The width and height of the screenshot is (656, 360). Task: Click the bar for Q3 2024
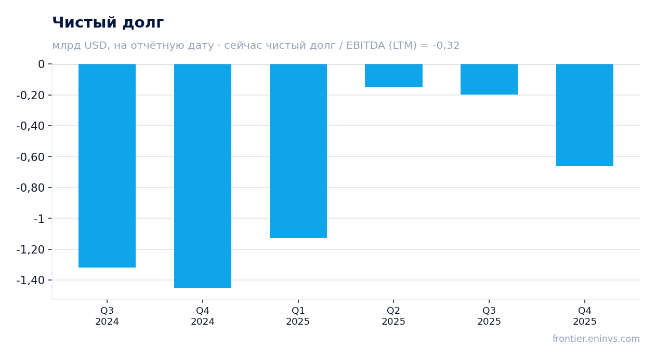tap(107, 166)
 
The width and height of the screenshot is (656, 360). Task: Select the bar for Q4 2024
tap(203, 176)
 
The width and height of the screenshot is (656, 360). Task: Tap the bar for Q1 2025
tap(298, 151)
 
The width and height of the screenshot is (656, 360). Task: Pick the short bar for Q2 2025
tap(393, 75)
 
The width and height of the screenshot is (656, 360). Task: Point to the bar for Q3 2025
tap(489, 79)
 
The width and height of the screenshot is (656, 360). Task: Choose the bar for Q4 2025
tap(585, 115)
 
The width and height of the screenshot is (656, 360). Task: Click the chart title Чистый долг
tap(108, 22)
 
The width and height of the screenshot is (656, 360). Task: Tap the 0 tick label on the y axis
tap(41, 64)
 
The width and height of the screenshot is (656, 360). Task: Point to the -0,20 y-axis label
tap(31, 95)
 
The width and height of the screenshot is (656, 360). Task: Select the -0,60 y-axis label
tap(31, 157)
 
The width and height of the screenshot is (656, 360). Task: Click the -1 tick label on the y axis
tap(39, 219)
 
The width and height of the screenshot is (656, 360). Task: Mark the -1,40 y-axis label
tap(31, 281)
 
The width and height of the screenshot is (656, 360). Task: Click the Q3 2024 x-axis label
tap(107, 316)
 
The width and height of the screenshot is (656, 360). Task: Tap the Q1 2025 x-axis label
tap(298, 316)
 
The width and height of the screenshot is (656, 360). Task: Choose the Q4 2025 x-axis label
tap(585, 316)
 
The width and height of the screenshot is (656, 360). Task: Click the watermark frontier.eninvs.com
tap(596, 339)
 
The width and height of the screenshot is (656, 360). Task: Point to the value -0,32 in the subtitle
tap(446, 45)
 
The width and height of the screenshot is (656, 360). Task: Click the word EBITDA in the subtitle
tap(365, 45)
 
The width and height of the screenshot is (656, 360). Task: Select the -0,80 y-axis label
tap(31, 188)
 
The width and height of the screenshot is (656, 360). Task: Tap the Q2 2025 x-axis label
tap(393, 316)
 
